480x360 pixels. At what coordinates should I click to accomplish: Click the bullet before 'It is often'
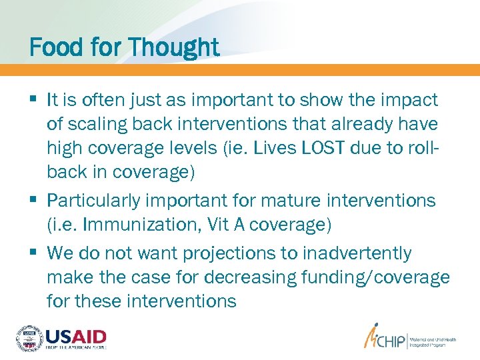tap(33, 100)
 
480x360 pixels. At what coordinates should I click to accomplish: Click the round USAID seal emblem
tap(29, 338)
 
